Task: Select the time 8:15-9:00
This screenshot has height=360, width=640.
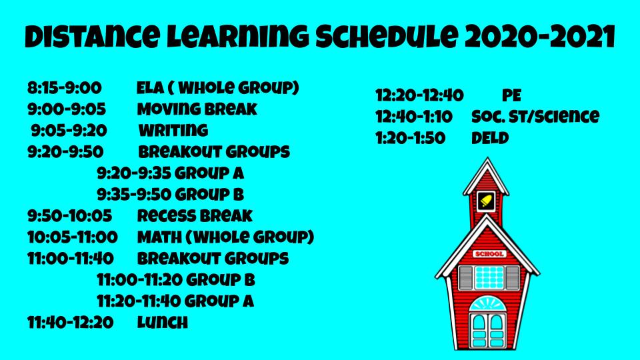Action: pos(65,88)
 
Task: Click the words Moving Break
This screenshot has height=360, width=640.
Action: pos(197,109)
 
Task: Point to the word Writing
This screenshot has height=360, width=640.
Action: pos(173,130)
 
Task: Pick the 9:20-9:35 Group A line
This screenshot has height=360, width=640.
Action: pos(170,173)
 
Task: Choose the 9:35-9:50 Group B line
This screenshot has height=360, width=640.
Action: pos(170,194)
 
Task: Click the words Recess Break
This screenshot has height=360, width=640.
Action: pos(195,215)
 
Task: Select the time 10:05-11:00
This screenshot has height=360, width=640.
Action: pos(73,237)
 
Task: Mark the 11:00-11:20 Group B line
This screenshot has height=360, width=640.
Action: pos(176,279)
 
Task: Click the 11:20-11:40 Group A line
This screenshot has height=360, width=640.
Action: pos(175,301)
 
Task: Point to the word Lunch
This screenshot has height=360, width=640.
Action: pos(163,323)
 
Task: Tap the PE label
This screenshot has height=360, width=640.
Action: pos(511,95)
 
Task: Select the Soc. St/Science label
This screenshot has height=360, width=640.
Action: pos(535,117)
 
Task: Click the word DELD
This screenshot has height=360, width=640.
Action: pos(490,138)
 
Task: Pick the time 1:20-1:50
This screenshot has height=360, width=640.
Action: pos(411,138)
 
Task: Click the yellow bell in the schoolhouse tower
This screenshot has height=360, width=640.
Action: pos(486,201)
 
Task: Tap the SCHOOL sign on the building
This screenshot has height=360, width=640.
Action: pos(490,254)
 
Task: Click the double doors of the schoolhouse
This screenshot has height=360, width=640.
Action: pos(488,331)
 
